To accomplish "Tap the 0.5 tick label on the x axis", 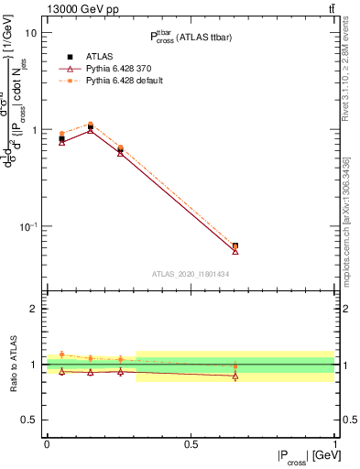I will point(191,444).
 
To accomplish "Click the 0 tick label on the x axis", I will point(47,444).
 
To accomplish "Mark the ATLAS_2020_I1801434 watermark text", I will point(191,274).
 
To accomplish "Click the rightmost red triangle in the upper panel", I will point(235,250).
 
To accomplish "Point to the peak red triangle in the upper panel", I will point(91,130).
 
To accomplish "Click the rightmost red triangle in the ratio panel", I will point(235,376).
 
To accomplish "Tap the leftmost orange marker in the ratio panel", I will point(62,354).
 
